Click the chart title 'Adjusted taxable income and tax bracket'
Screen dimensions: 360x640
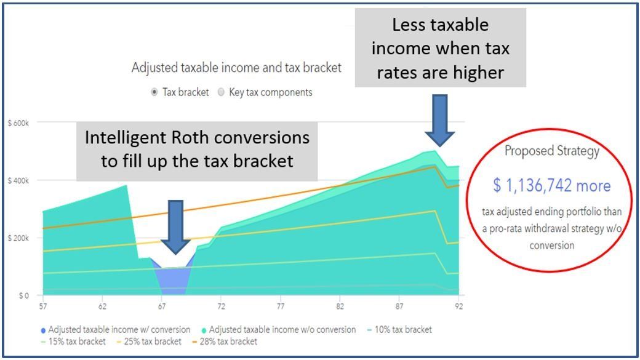coord(236,68)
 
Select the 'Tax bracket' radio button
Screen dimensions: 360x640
coord(154,92)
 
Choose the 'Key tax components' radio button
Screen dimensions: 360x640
coord(222,92)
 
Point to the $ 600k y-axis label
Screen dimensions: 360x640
coord(18,123)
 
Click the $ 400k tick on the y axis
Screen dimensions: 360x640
coord(18,180)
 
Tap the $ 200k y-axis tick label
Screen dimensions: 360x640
coord(18,238)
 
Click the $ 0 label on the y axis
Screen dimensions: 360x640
coord(23,295)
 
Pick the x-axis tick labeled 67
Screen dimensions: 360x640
coord(162,306)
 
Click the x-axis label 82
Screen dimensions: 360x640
coord(340,306)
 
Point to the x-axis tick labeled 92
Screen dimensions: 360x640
coord(458,306)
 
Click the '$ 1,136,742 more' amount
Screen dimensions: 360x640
coord(551,185)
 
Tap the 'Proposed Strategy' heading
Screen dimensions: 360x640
coord(552,151)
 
